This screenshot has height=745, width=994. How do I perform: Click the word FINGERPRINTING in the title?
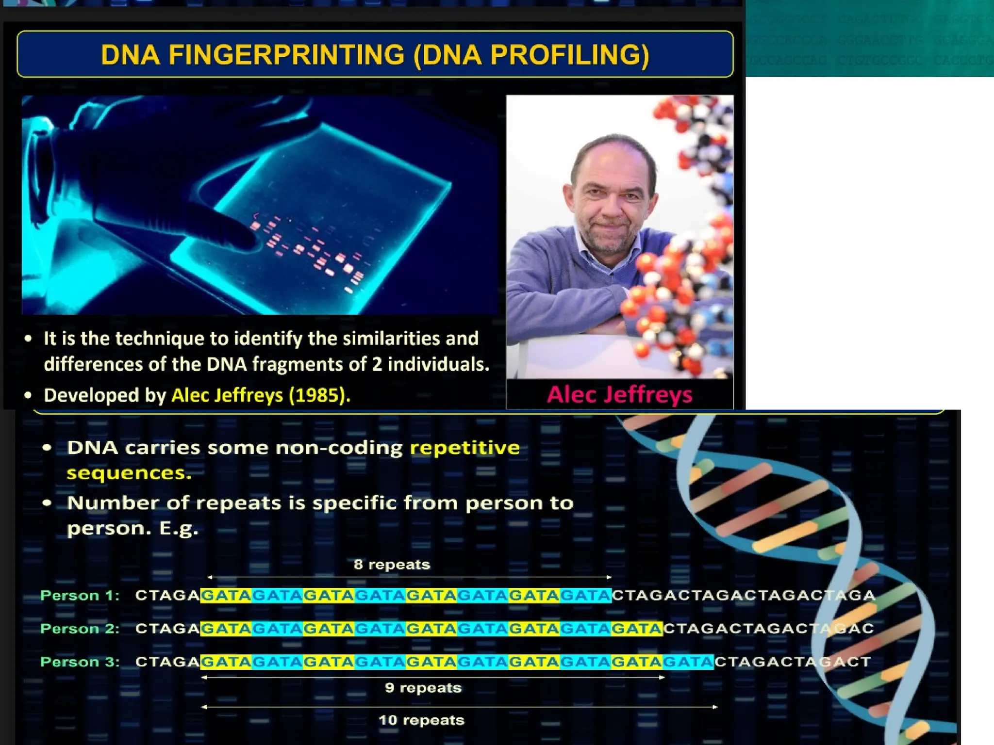click(x=286, y=54)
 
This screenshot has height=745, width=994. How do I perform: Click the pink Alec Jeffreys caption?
click(x=619, y=395)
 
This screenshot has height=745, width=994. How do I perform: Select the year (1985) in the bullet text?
click(x=318, y=395)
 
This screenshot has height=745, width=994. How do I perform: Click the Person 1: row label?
click(x=80, y=596)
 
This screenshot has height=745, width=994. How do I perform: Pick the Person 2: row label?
click(x=80, y=629)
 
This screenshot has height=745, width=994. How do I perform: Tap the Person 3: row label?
click(x=80, y=662)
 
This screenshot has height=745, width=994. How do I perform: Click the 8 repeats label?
click(x=392, y=565)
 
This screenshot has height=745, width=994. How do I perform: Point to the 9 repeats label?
click(x=423, y=688)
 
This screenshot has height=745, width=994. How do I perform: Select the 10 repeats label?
click(x=421, y=720)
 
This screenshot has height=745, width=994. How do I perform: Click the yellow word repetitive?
click(x=464, y=447)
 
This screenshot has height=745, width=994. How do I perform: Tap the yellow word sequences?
click(x=129, y=473)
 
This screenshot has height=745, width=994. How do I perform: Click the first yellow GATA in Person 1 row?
click(x=226, y=596)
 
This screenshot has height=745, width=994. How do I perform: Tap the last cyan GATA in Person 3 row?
click(x=688, y=662)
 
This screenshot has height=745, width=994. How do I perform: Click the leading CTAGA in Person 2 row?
click(x=167, y=629)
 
